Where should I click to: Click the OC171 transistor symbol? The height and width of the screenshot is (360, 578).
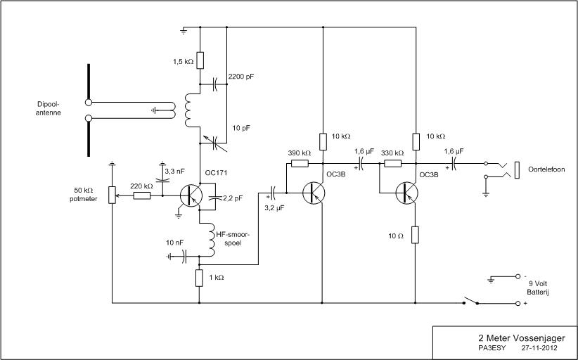(191, 195)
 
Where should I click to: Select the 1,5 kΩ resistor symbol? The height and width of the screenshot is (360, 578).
(200, 60)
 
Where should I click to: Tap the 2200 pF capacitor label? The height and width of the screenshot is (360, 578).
(241, 77)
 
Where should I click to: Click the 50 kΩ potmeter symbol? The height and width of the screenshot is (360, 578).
(112, 195)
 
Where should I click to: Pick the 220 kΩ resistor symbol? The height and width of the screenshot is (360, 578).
(142, 195)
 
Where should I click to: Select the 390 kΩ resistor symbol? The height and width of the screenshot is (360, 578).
(300, 163)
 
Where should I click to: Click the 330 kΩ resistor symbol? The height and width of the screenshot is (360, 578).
(392, 163)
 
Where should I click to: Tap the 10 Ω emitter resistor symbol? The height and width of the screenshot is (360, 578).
(415, 235)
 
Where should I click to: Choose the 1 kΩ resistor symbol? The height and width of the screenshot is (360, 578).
(199, 278)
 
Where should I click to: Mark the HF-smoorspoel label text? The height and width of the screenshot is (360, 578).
(233, 238)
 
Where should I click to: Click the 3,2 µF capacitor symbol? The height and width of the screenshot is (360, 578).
(273, 192)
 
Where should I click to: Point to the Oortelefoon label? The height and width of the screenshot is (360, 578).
(546, 169)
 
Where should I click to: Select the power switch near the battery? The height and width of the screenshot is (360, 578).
(470, 300)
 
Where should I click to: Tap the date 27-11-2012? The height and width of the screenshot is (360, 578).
(539, 347)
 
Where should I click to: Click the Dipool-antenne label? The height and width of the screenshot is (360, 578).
(49, 108)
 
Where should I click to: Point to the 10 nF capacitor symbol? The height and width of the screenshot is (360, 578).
(185, 256)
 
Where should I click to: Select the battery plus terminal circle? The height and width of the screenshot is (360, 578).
(518, 303)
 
